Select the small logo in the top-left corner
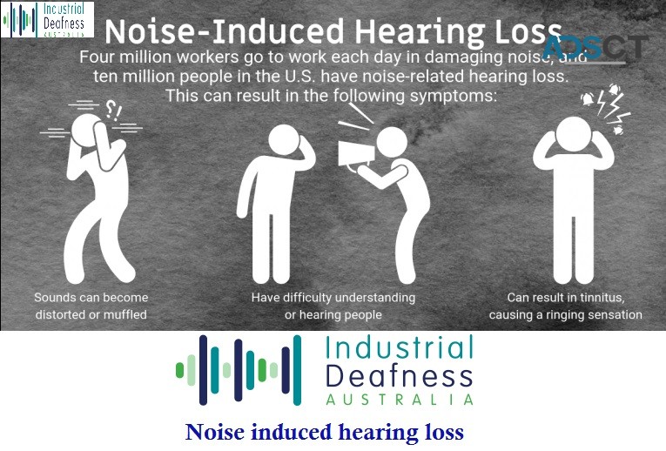click(47, 19)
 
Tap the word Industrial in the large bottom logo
click(399, 351)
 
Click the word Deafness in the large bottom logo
click(399, 376)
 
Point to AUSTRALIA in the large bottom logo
click(400, 399)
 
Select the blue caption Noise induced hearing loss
click(325, 432)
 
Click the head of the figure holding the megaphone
click(392, 142)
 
